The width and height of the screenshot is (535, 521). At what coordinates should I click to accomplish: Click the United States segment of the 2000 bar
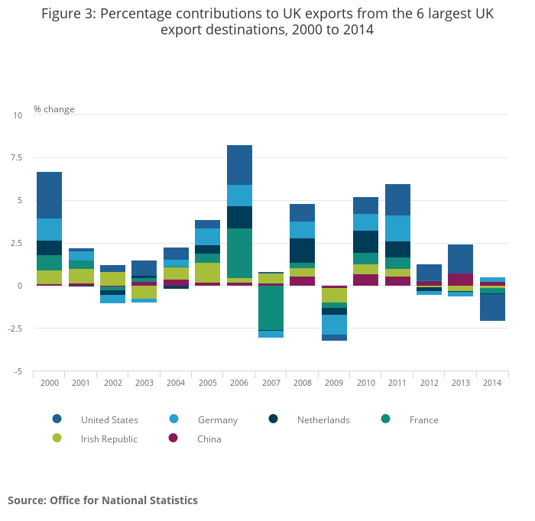[x=49, y=195]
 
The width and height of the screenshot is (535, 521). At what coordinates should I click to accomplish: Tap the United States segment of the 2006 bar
[x=239, y=165]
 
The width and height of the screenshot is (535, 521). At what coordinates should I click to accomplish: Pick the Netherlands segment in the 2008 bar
[x=303, y=250]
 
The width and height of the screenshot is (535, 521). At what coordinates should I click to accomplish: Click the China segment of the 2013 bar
[x=460, y=279]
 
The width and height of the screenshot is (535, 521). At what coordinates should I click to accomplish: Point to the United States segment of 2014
[x=491, y=307]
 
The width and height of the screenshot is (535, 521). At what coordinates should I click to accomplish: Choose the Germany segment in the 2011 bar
[x=397, y=228]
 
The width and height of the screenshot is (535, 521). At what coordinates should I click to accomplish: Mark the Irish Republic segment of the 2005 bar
[x=207, y=272]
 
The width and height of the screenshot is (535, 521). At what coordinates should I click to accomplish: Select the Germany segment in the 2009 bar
[x=334, y=325]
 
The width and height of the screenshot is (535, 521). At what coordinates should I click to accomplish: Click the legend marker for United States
[x=57, y=419]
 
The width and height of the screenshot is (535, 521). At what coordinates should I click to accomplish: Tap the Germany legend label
[x=217, y=419]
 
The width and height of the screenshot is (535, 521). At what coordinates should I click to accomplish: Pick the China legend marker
[x=173, y=438]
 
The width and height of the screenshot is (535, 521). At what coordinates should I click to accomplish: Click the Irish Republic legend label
[x=109, y=438]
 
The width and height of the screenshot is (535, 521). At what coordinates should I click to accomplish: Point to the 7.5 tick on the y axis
[x=17, y=158]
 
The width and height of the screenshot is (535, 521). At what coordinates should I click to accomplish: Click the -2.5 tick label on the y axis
[x=15, y=328]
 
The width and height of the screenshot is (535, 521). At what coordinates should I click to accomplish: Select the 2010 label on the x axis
[x=365, y=382]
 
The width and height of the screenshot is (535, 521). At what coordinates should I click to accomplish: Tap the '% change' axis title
[x=54, y=109]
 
